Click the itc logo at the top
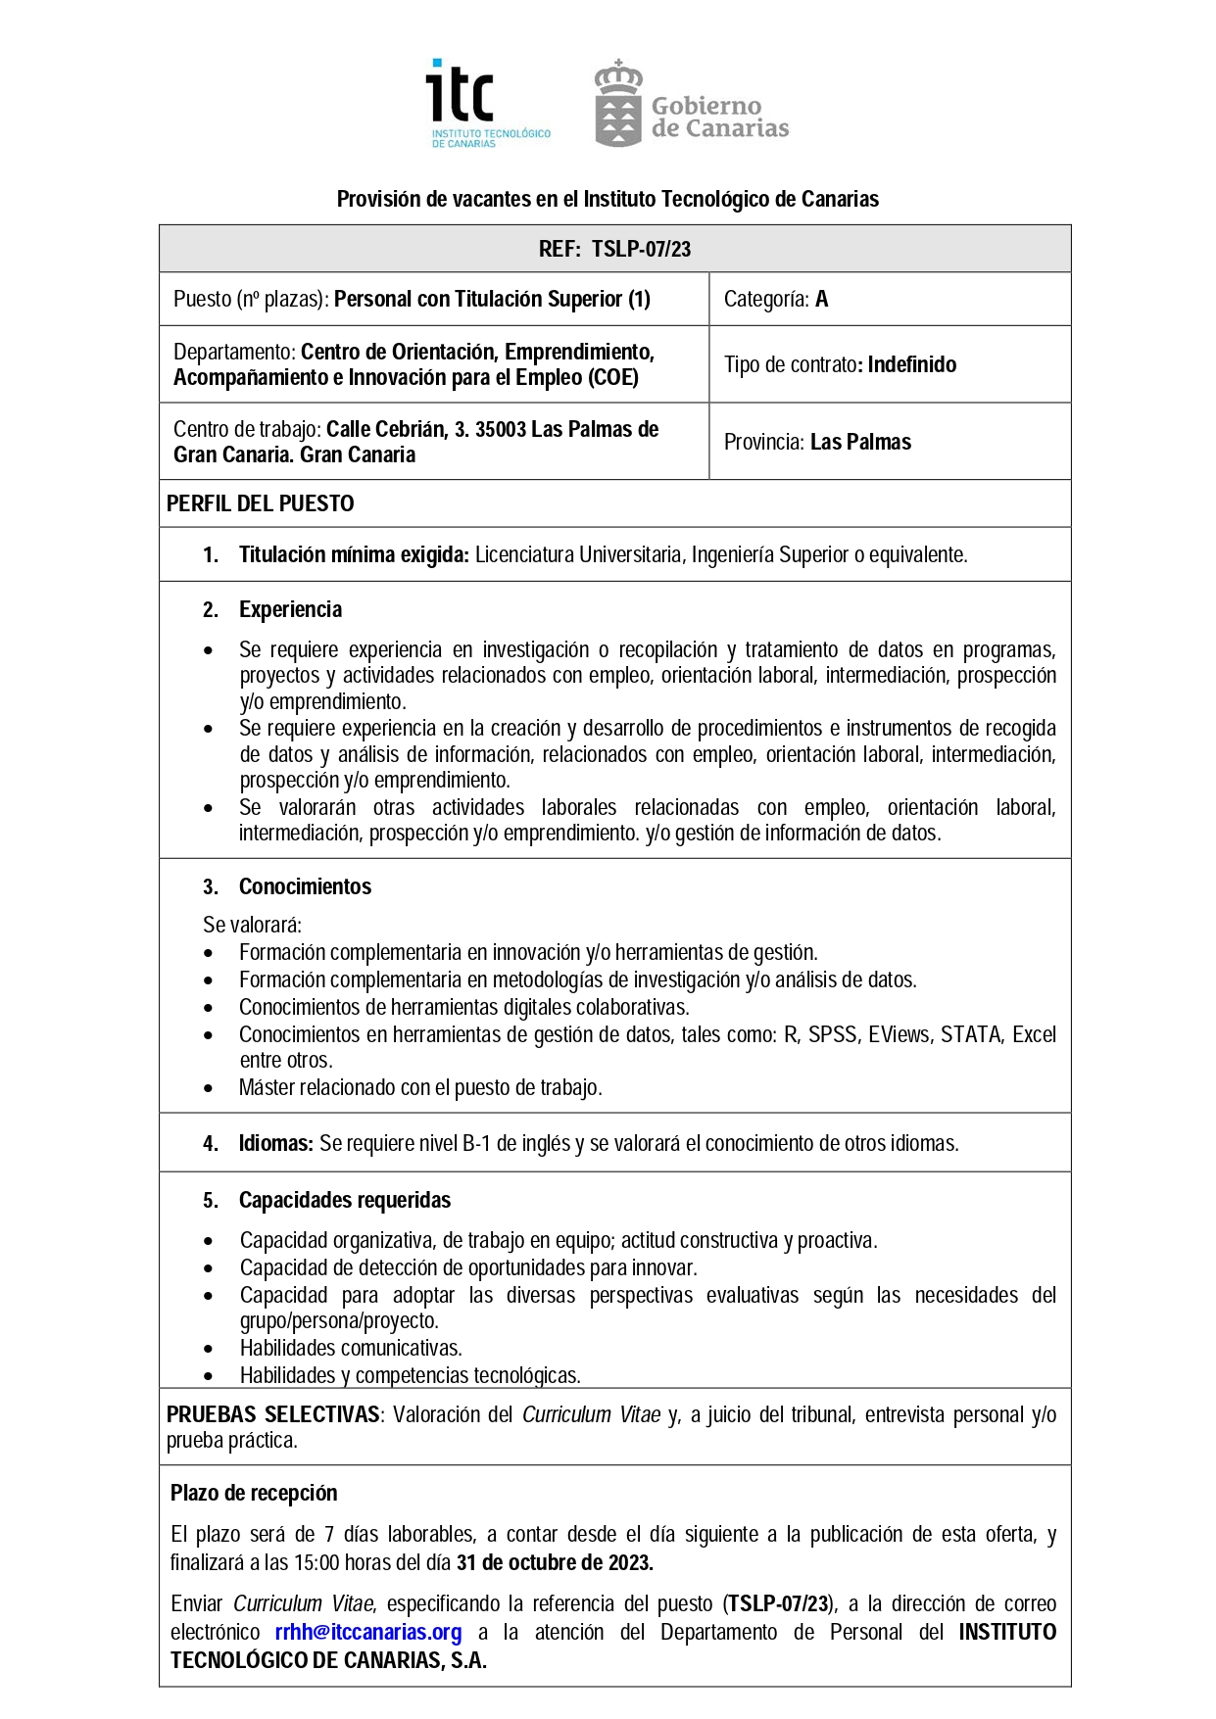click(x=488, y=103)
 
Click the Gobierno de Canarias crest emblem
click(x=618, y=104)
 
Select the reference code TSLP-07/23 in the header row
click(x=641, y=249)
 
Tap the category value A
click(x=821, y=300)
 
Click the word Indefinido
click(x=911, y=364)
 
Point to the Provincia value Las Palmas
click(x=860, y=442)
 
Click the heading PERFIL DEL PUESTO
click(x=260, y=503)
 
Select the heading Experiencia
click(x=290, y=609)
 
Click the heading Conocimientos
click(x=305, y=886)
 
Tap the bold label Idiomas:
click(x=275, y=1143)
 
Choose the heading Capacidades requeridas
click(x=345, y=1200)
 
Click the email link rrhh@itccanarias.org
click(x=367, y=1632)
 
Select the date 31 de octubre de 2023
click(x=555, y=1562)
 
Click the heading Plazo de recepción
click(x=254, y=1493)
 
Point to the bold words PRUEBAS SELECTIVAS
click(x=272, y=1414)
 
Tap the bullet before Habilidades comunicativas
click(x=208, y=1349)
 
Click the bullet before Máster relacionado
click(x=208, y=1087)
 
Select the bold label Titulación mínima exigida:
click(x=354, y=554)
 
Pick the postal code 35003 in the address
click(x=500, y=429)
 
